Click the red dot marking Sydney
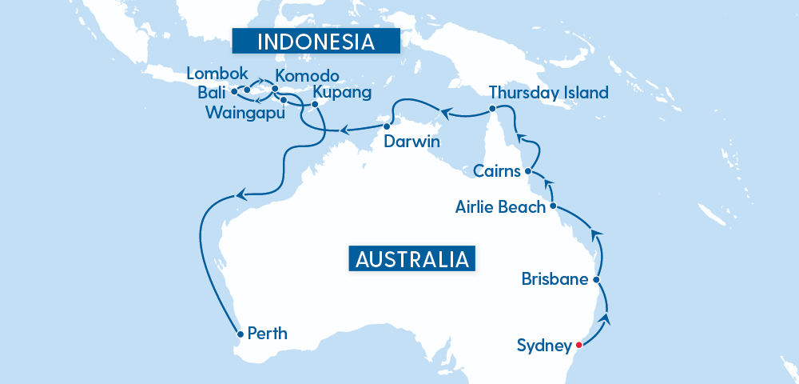point(578,346)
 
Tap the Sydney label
point(544,346)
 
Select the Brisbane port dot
point(596,280)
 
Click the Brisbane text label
point(555,280)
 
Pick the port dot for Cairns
point(528,171)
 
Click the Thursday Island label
point(549,93)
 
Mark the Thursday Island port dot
point(493,108)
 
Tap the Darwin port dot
point(387,126)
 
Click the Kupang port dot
point(315,104)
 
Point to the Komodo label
point(307,76)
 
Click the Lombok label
point(213,74)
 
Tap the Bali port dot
point(233,91)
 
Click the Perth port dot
point(240,333)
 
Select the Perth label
point(268,333)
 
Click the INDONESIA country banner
point(316,42)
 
